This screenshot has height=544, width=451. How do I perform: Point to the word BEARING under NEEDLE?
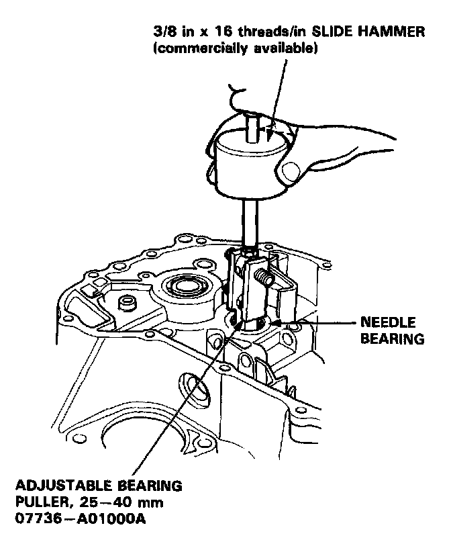tap(393, 338)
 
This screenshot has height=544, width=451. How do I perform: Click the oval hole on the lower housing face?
tap(195, 391)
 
